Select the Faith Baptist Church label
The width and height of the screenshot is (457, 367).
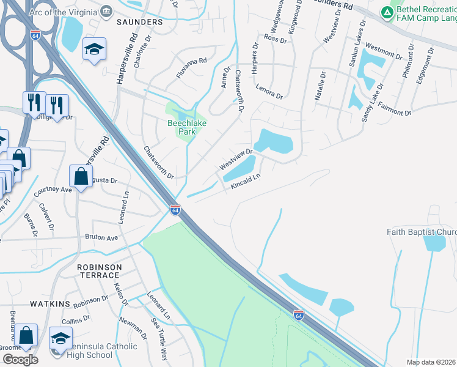coord(422,232)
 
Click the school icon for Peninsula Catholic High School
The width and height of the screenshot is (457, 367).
coord(60,339)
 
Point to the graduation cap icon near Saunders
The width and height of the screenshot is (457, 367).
coord(95,50)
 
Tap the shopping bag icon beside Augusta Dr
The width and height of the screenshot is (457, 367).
coord(81,177)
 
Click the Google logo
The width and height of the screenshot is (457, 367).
coord(20,359)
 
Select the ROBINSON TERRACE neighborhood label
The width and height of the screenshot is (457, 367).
coord(99,272)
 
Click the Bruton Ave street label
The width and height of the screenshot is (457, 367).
coord(101,237)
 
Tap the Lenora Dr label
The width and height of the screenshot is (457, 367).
coord(269,92)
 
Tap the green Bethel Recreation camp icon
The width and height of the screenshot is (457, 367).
coord(387,12)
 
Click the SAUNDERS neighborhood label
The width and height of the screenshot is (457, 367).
coord(141,21)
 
